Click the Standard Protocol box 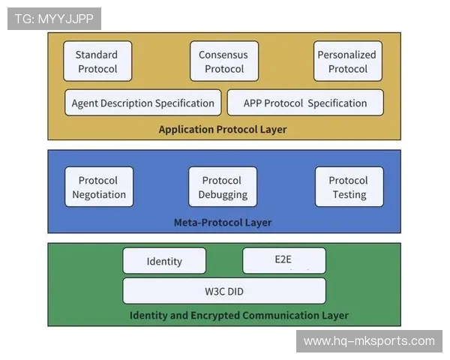(x=97, y=61)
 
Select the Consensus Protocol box (x=224, y=61)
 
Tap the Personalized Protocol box (x=348, y=61)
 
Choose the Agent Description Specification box (x=143, y=103)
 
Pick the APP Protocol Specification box (x=305, y=103)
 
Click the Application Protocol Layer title (x=223, y=130)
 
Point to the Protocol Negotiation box (x=99, y=187)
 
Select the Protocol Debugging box (x=223, y=187)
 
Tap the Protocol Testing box (x=349, y=187)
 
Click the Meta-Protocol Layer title (x=223, y=223)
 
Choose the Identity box (x=164, y=261)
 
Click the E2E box (x=284, y=261)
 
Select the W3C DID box (x=224, y=291)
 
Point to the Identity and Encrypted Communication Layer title (x=239, y=316)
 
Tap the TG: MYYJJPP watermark (x=54, y=19)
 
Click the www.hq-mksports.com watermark (x=369, y=341)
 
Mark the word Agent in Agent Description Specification (x=85, y=103)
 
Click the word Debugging (x=223, y=195)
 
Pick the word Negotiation (x=99, y=195)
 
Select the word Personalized (x=346, y=55)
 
